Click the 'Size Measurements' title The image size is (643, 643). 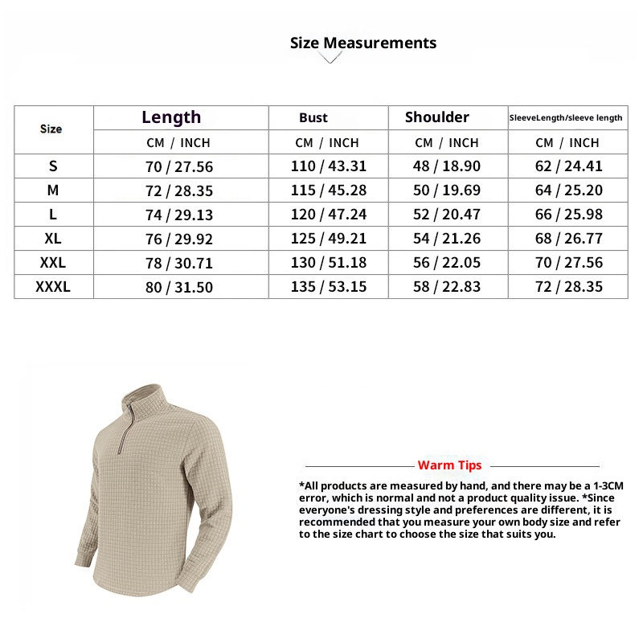coord(363,43)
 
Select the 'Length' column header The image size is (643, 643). coord(171,117)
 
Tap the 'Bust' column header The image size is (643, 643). coord(313,118)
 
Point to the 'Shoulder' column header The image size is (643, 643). coord(437,117)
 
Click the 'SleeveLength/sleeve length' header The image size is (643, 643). coord(566,118)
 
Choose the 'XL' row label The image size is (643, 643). coord(53,239)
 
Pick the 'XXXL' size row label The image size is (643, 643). coord(53,286)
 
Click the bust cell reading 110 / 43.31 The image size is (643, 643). coord(328,167)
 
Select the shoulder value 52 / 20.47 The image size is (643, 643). coord(447,215)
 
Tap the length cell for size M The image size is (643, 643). coord(179,191)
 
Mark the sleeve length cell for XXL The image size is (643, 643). coord(568,263)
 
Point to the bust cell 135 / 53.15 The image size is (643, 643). coord(328,287)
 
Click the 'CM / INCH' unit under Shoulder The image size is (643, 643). coord(447,143)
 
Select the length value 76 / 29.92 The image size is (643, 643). coord(179,239)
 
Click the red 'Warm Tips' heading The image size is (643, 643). coord(450,465)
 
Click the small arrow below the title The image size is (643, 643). coord(330,58)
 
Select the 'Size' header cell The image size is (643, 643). coord(51,129)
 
